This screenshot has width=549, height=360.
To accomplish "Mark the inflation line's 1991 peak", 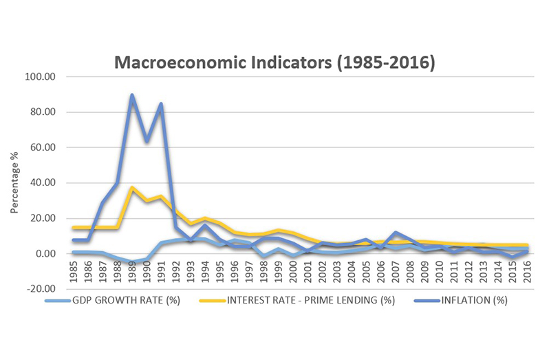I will point(161,104).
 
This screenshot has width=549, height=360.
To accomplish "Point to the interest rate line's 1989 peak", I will point(131,188).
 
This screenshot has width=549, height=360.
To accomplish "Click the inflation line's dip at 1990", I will point(146,141).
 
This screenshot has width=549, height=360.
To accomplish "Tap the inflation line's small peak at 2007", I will point(396,233).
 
